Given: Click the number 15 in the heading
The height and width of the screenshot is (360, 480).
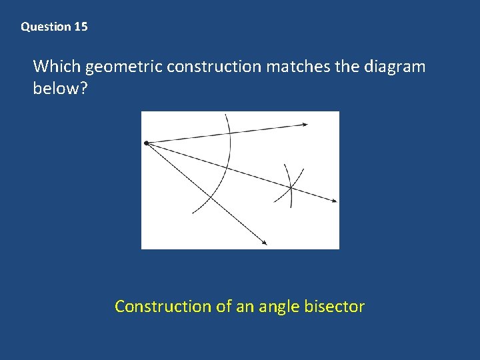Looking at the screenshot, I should (81, 27).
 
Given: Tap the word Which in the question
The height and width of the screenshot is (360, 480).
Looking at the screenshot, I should (57, 67).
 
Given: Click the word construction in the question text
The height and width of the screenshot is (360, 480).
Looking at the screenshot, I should (214, 67).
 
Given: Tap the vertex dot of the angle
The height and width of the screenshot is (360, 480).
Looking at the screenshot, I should (146, 143).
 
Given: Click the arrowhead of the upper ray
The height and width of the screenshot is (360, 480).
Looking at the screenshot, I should (305, 124).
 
